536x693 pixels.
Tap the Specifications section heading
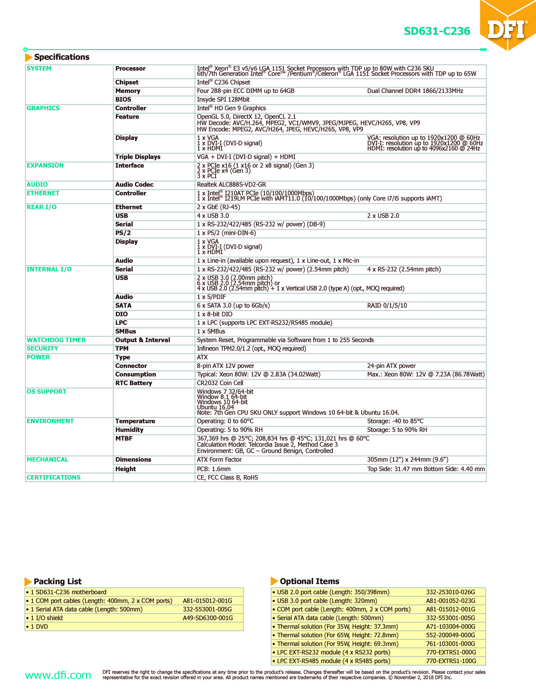point(62,57)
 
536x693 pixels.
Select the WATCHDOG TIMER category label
point(56,340)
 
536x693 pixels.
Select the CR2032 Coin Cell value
point(220,383)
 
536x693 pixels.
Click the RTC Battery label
point(134,383)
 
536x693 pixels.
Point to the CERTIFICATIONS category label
point(54,478)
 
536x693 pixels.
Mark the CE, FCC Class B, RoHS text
point(227,478)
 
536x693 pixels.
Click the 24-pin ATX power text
point(391,366)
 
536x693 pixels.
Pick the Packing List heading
point(58,581)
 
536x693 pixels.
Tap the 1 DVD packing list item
point(39,627)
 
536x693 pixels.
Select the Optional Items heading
point(309,581)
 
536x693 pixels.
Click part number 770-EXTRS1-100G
point(451,661)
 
